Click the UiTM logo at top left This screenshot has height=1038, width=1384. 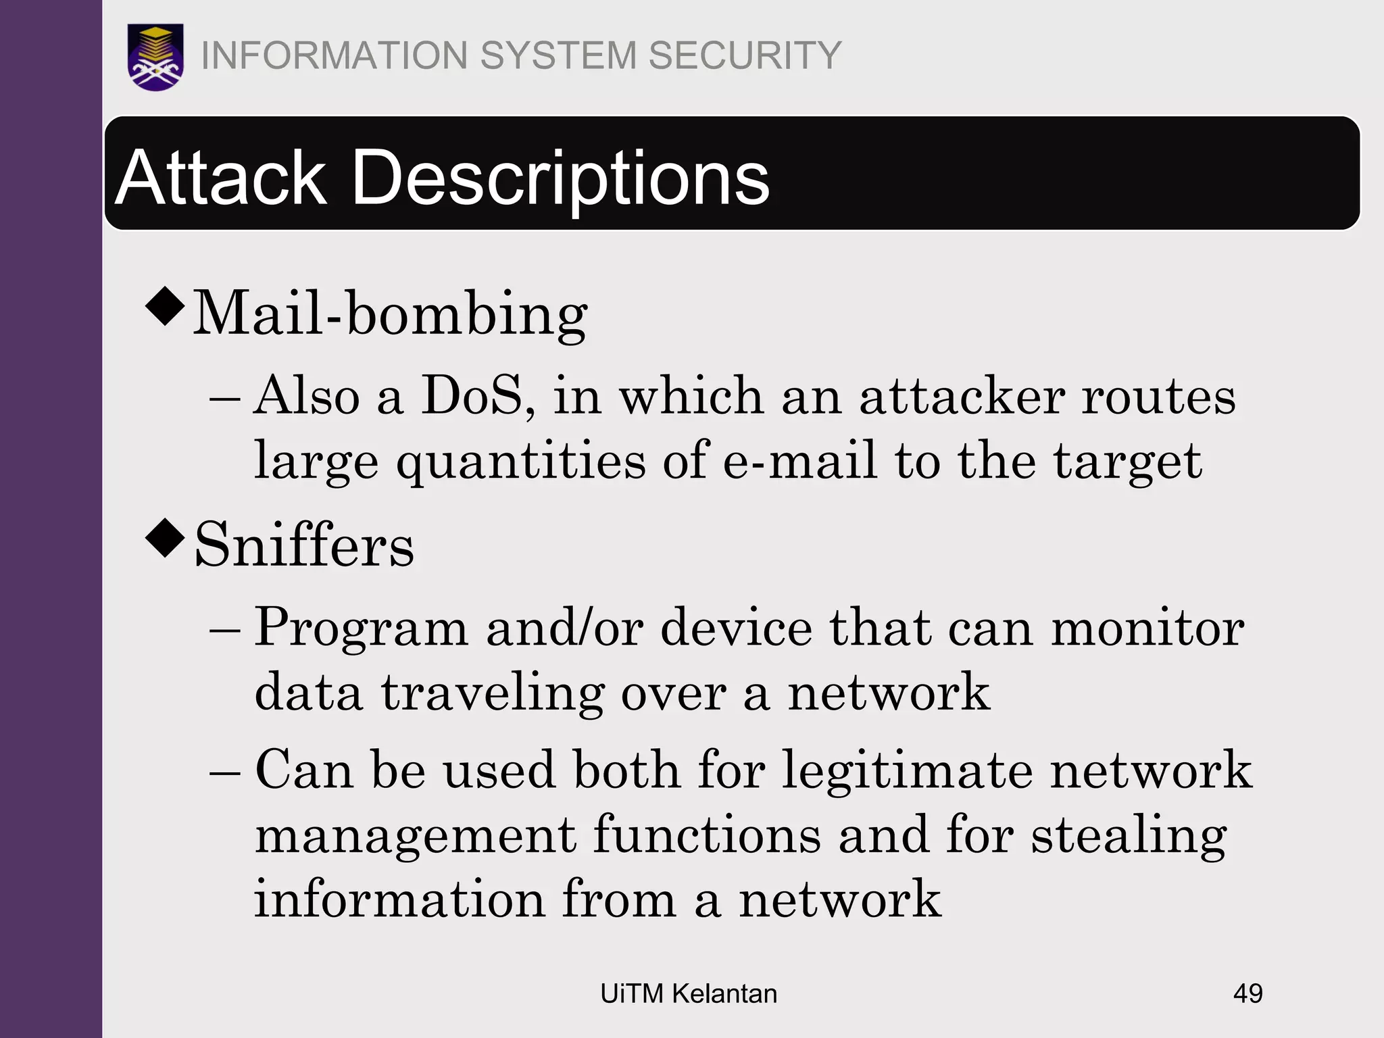pyautogui.click(x=155, y=57)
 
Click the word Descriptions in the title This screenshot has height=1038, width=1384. pyautogui.click(x=560, y=178)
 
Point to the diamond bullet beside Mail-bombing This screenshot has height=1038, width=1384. pyautogui.click(x=165, y=306)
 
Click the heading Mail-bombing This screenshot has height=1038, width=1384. pyautogui.click(x=390, y=314)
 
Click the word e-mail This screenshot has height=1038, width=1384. pyautogui.click(x=800, y=461)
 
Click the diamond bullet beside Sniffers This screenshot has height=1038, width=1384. pyautogui.click(x=165, y=538)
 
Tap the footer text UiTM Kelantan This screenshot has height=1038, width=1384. pyautogui.click(x=689, y=993)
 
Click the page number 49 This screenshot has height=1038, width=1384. pyautogui.click(x=1247, y=993)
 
